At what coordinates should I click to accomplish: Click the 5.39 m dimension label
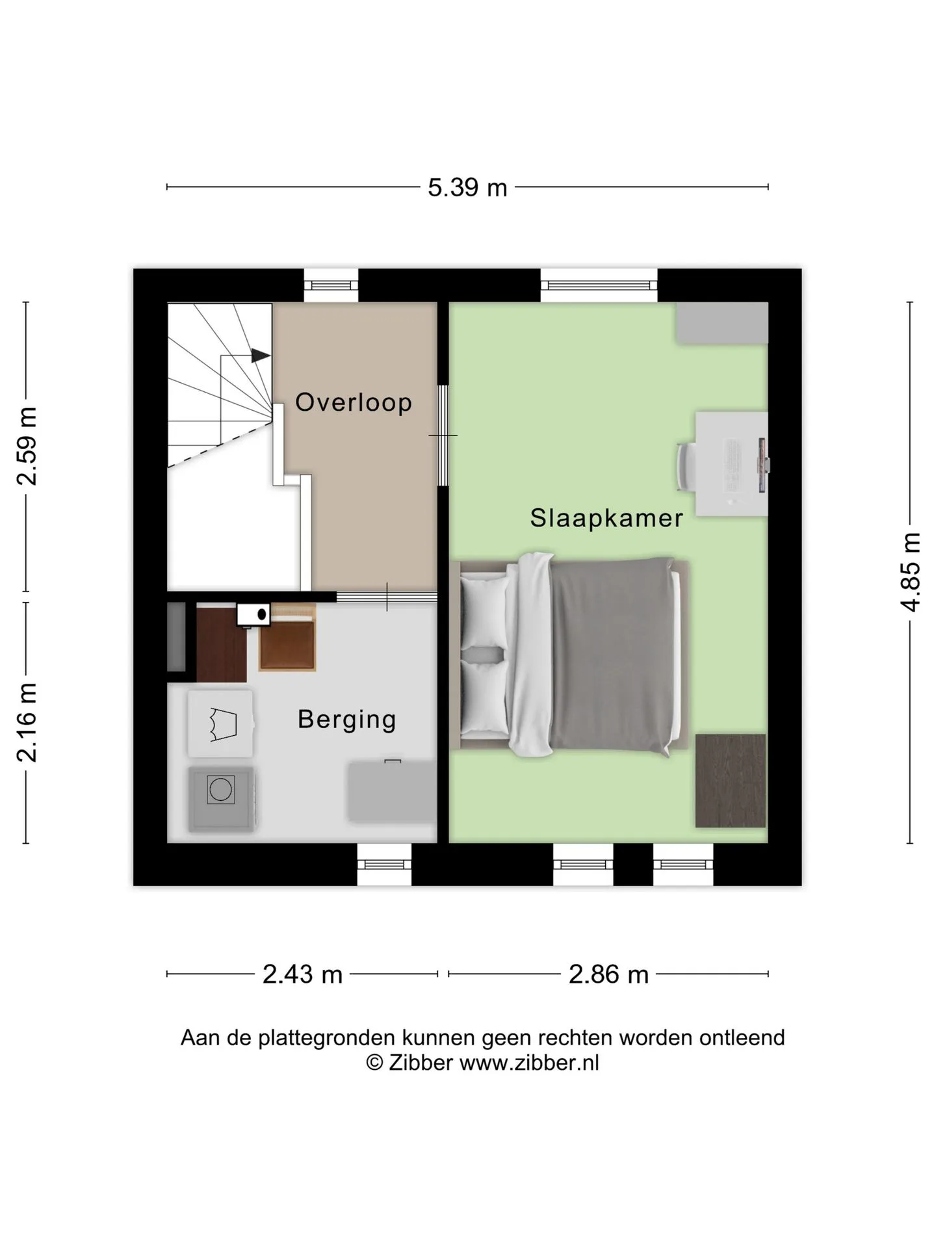coord(467,187)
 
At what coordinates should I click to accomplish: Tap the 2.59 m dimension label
coord(28,446)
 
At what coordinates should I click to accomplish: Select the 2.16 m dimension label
coord(28,722)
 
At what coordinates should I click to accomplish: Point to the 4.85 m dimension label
coord(910,572)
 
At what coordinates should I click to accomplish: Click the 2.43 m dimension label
coord(302,974)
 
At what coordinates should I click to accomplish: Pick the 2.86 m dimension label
coord(608,974)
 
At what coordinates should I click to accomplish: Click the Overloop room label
coord(354,402)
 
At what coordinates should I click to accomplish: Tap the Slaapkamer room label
coord(606,518)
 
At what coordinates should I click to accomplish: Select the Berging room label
coord(347,720)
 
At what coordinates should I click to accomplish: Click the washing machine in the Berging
coord(221,799)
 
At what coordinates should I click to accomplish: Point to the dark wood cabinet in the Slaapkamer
coord(731,781)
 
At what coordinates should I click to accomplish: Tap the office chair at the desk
coord(686,466)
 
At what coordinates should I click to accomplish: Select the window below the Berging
coord(384,864)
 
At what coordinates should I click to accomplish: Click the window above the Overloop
coord(331,285)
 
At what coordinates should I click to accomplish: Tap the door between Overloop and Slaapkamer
coord(443,435)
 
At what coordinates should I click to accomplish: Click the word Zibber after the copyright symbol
coord(421,1063)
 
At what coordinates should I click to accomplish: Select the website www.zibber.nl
coord(529,1063)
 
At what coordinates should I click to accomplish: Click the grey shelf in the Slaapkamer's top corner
coord(722,322)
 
